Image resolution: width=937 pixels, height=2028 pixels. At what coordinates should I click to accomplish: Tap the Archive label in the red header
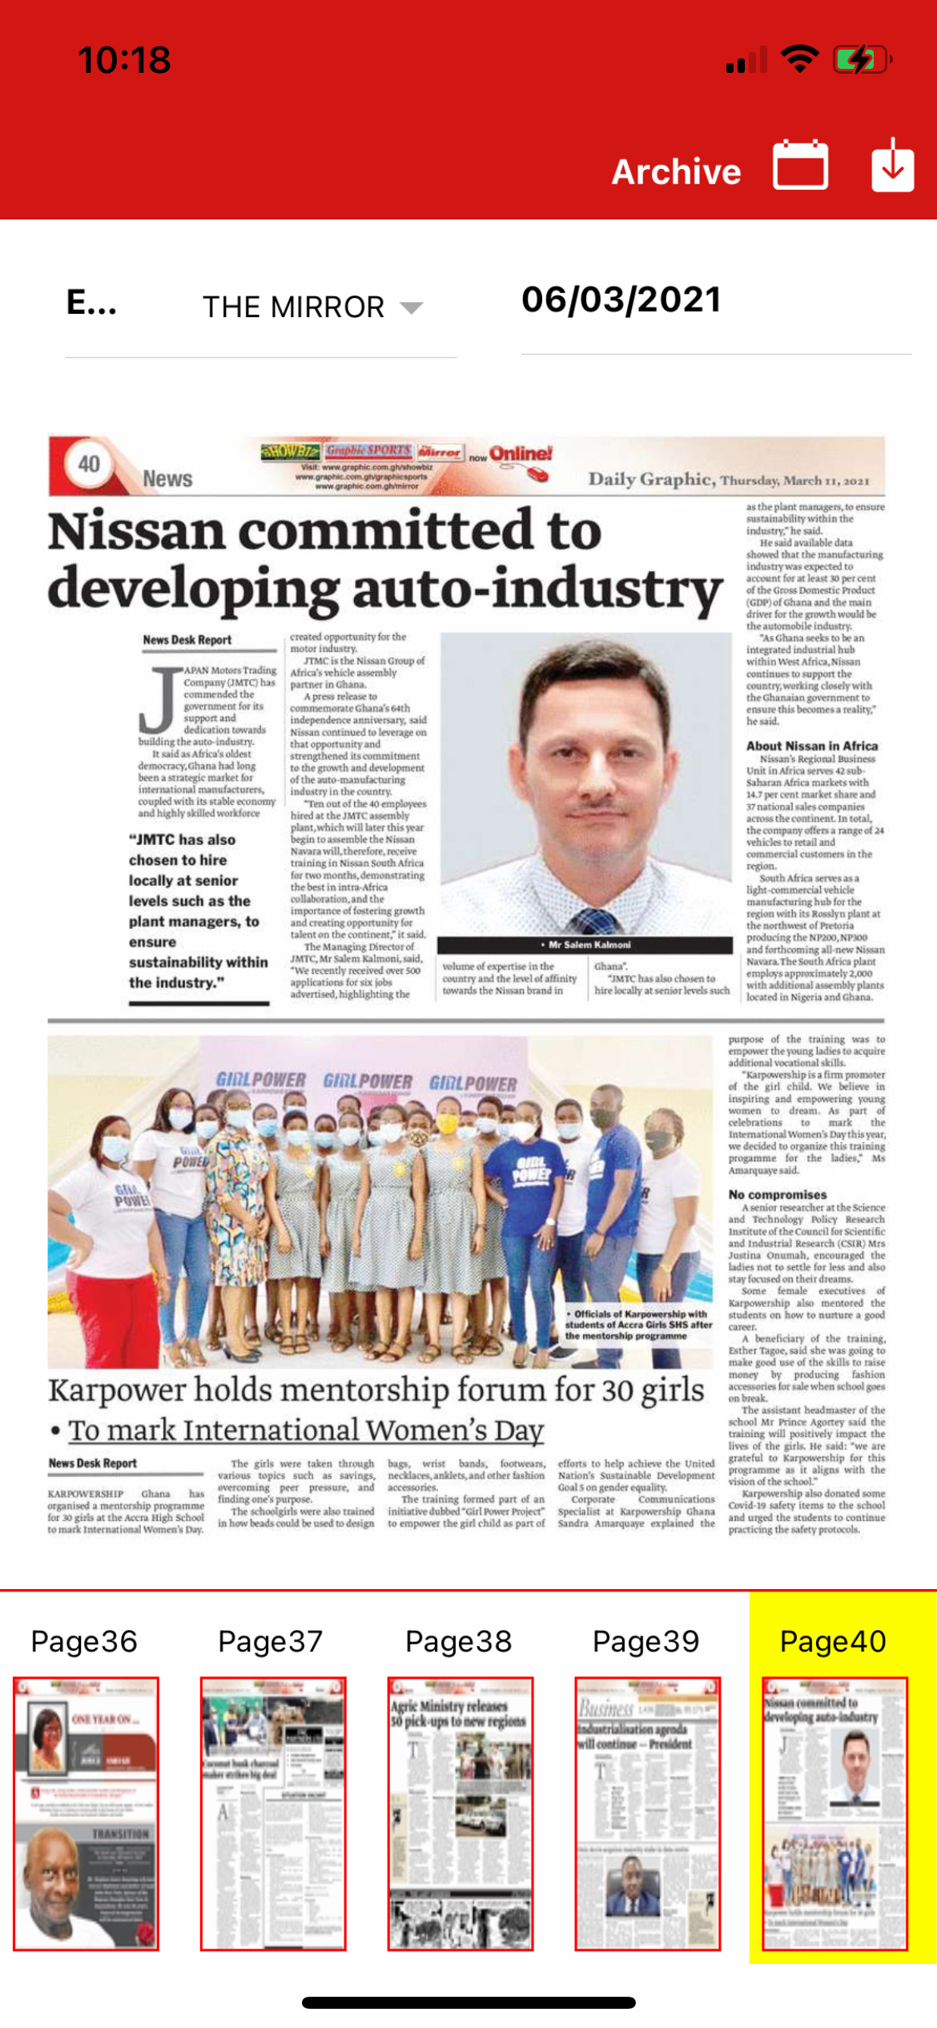(676, 171)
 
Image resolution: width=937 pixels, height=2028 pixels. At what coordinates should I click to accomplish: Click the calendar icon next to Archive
(800, 165)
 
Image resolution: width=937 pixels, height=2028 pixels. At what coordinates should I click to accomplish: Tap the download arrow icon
(892, 165)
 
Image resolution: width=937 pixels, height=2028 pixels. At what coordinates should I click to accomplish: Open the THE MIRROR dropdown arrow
(411, 308)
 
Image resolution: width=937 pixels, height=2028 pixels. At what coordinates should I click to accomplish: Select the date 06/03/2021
(621, 300)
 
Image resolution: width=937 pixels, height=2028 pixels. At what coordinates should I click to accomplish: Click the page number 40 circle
(88, 464)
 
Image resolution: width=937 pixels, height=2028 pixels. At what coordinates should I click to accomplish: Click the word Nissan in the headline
(136, 531)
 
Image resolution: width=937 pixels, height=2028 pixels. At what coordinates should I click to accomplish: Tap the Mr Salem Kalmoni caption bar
(585, 944)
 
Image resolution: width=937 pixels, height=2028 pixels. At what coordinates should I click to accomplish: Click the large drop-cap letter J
(160, 700)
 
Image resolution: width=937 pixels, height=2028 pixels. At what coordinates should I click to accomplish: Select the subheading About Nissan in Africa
(811, 746)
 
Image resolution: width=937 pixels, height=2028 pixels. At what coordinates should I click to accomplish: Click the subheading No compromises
(777, 1194)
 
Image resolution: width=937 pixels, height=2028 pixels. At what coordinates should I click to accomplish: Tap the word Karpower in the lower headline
(116, 1390)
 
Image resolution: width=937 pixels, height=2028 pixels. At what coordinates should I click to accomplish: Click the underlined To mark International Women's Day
(306, 1430)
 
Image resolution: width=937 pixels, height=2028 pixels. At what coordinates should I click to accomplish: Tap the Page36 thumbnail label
(84, 1641)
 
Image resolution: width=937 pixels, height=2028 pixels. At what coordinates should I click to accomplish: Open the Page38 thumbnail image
(460, 1813)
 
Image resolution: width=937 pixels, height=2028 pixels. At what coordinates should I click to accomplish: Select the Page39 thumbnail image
(647, 1813)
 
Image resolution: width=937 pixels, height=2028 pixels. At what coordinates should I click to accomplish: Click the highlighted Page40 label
(833, 1641)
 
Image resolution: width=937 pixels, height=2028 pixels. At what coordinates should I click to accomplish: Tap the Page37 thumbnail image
(272, 1813)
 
